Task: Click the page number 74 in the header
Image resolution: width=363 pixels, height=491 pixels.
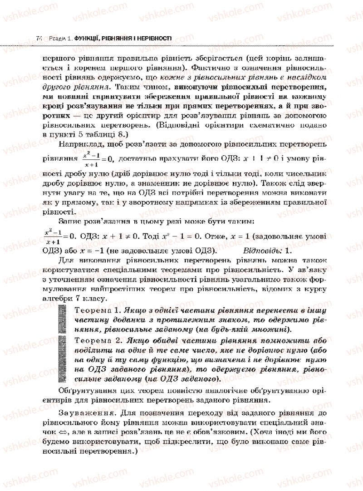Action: [39, 39]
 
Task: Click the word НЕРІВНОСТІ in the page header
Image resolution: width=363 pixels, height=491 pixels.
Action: [154, 39]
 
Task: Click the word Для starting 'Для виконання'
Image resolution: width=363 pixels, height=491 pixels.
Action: [67, 260]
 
